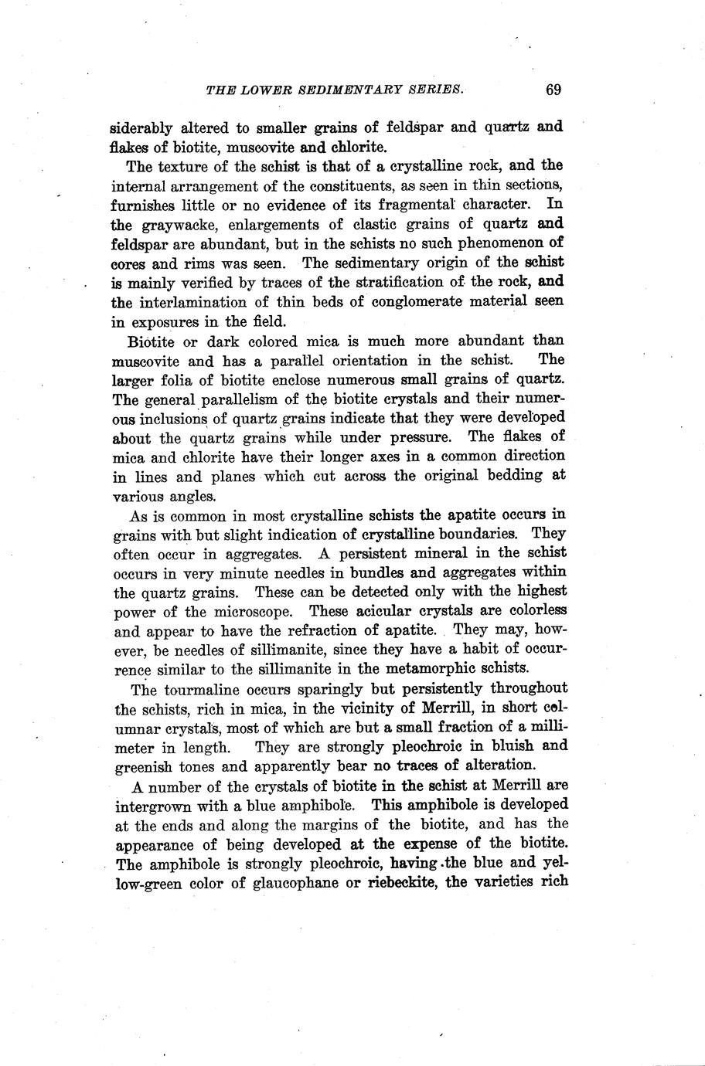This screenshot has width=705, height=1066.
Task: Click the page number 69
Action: click(x=553, y=90)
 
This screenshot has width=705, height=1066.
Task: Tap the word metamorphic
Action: click(x=437, y=668)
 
